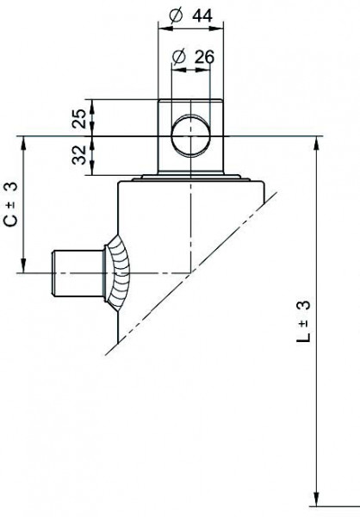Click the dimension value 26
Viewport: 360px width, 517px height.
203,57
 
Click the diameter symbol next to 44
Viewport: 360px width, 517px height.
175,16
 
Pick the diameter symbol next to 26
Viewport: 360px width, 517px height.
179,57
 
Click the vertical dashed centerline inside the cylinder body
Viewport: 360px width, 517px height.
189,224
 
